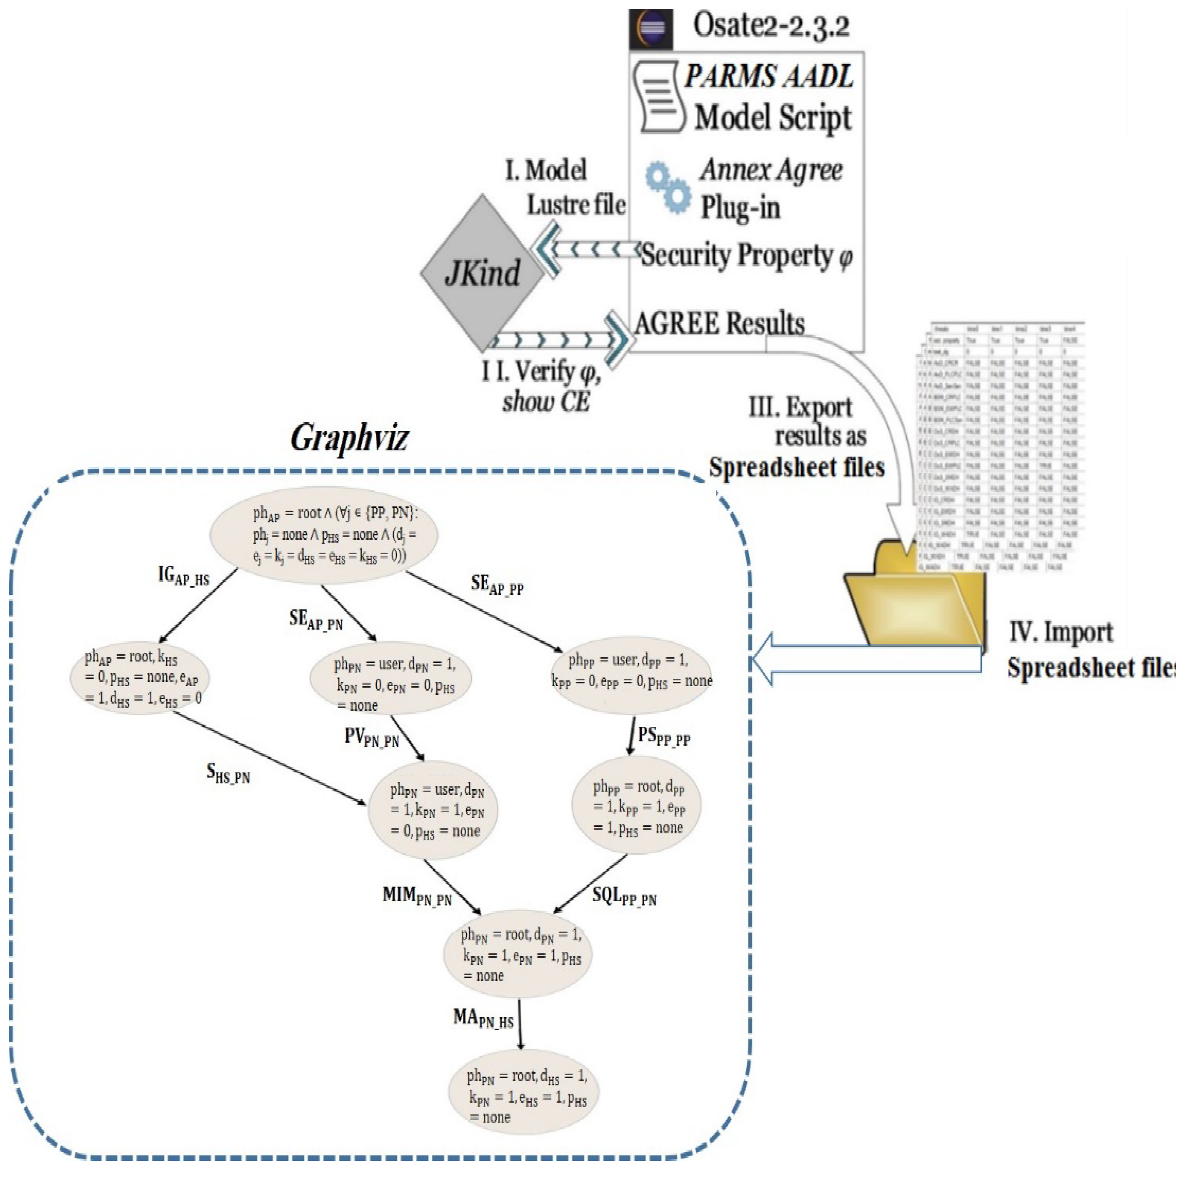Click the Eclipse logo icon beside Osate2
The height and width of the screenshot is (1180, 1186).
pyautogui.click(x=651, y=29)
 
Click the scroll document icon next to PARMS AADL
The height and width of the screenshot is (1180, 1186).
pyautogui.click(x=659, y=97)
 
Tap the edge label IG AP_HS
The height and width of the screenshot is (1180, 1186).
pyautogui.click(x=183, y=576)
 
